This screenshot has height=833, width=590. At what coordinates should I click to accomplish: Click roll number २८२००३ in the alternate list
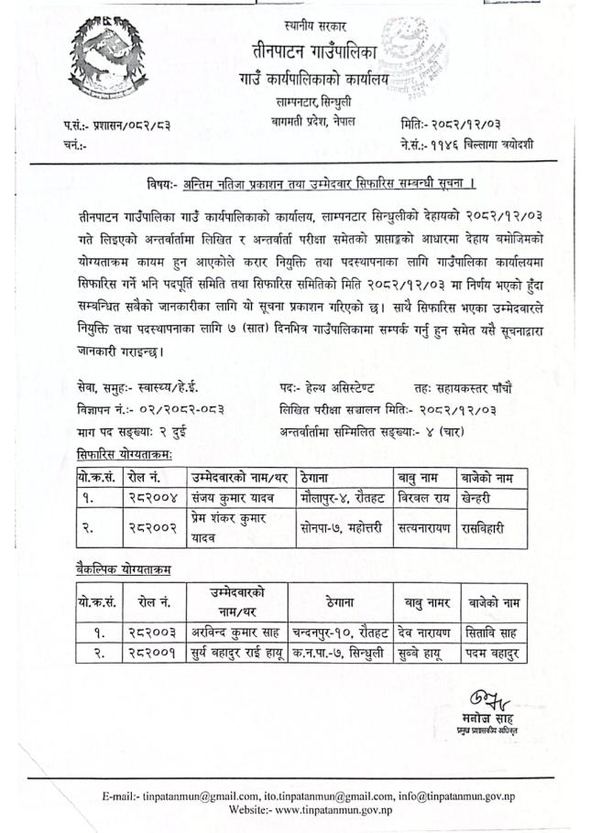(147, 632)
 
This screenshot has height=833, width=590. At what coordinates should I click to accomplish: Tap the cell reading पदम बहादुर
(494, 653)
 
